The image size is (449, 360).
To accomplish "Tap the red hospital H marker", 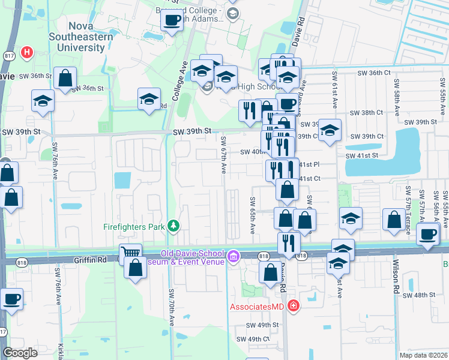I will point(26,53).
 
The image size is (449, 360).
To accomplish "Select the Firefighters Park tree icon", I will point(173,226).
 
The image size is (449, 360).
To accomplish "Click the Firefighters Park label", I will point(133,227).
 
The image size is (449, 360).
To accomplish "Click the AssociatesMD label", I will point(258,307).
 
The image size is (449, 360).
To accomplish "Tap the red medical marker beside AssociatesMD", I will point(292,307).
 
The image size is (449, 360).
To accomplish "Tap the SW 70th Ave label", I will point(171,307).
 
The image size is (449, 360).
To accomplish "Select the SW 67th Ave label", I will point(223,155).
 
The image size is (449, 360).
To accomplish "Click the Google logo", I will point(20,353).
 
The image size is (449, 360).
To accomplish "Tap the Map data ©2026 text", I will point(420,355).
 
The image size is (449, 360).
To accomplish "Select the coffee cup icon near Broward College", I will point(172,20).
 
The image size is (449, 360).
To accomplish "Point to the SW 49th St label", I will point(263,325).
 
